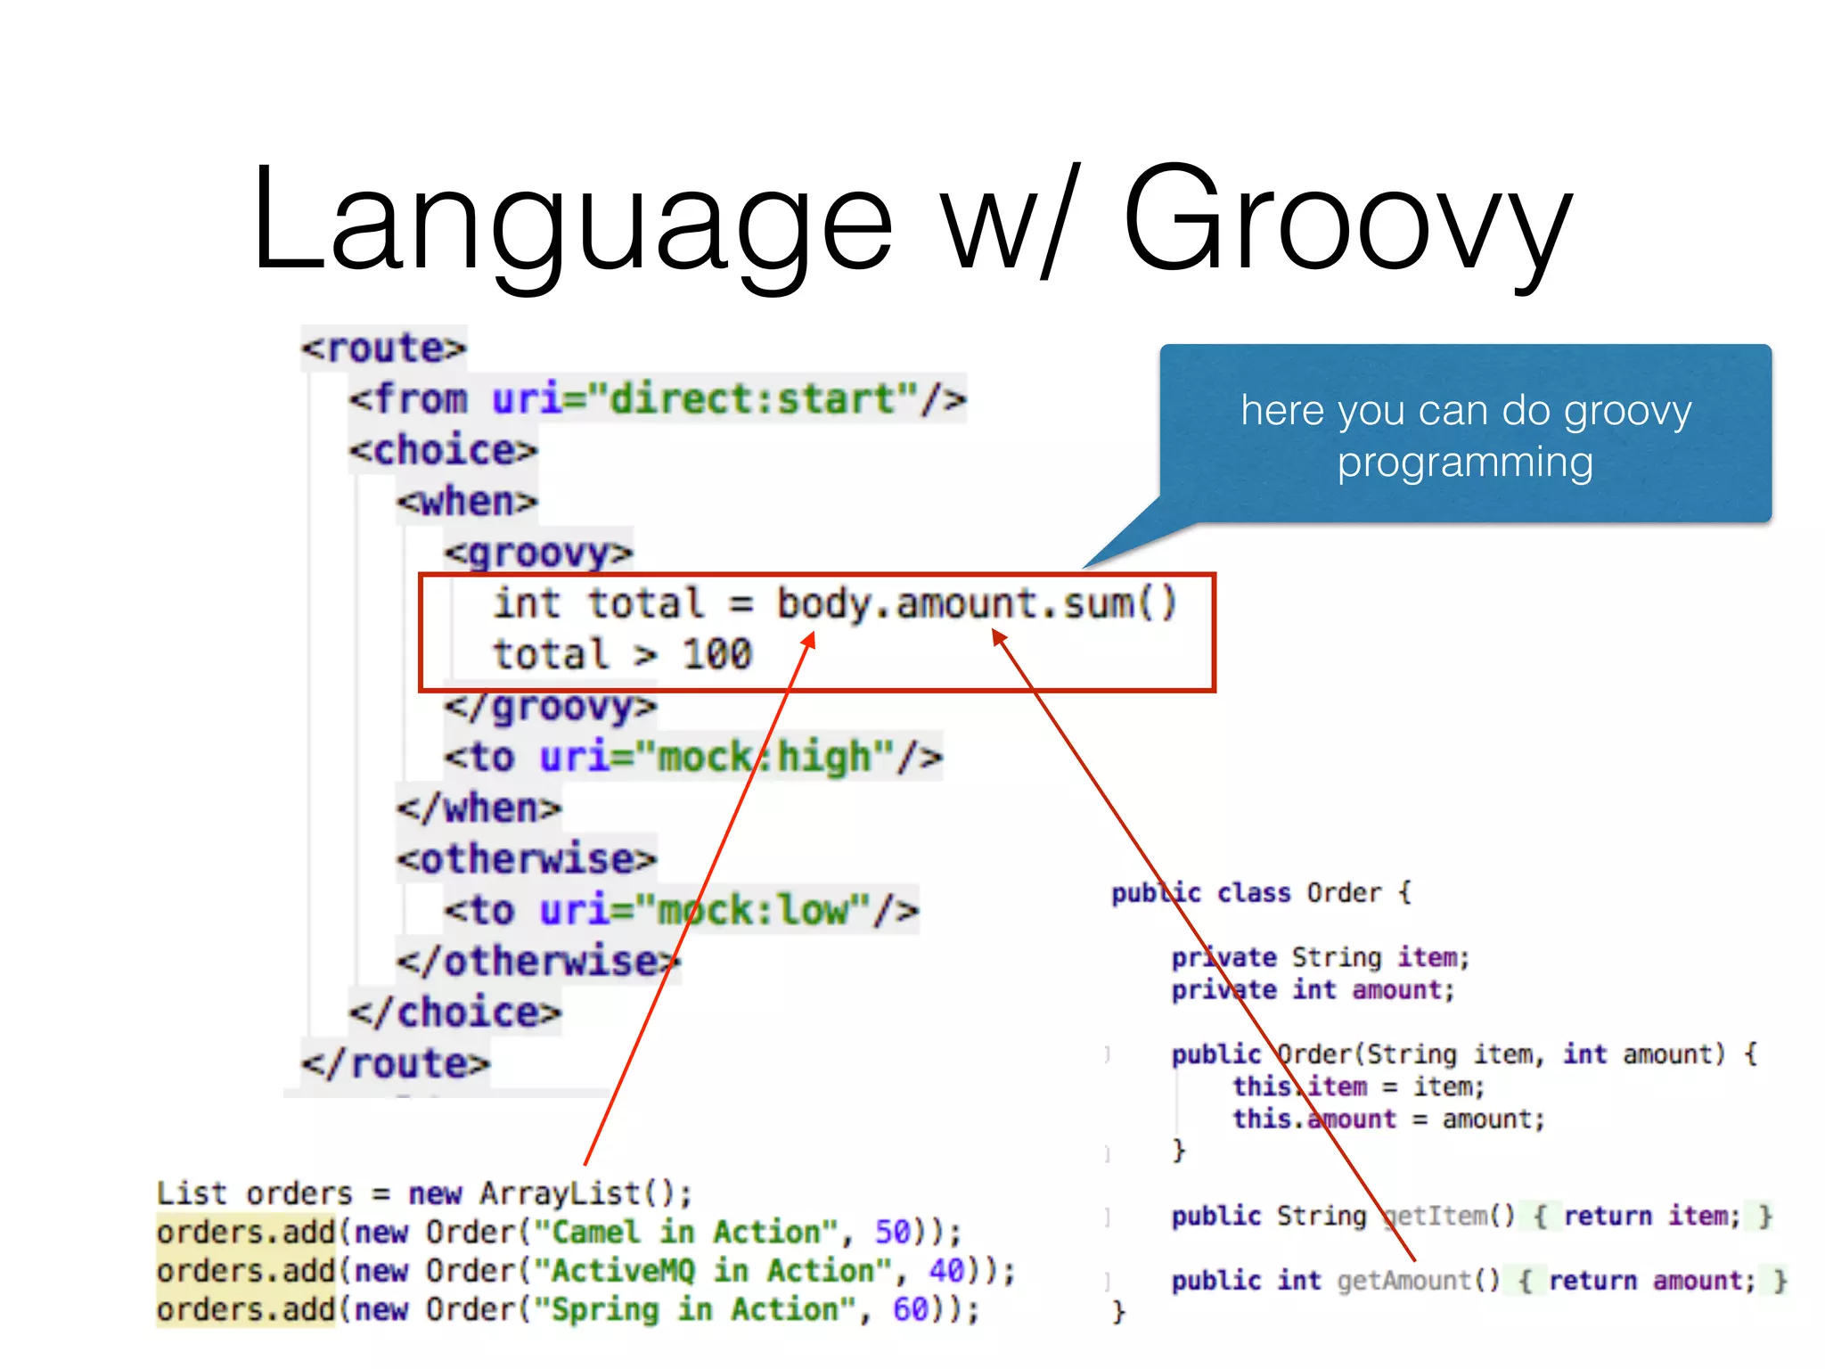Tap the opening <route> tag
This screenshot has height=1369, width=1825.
coord(383,348)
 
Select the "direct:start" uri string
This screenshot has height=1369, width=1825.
coord(753,398)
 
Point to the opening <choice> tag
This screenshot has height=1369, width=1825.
coord(444,450)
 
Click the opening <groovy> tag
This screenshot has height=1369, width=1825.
coord(538,553)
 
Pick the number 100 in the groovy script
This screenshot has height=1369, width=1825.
coord(717,654)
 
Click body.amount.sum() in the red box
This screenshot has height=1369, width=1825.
coord(977,603)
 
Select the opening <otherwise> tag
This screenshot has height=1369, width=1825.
coord(527,859)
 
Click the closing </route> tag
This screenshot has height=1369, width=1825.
coord(395,1063)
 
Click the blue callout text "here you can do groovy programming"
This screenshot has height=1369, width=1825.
coord(1465,436)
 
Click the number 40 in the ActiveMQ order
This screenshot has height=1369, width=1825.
coord(946,1270)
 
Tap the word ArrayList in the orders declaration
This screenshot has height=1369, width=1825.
coord(561,1193)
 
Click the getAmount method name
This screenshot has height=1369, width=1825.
coord(1404,1281)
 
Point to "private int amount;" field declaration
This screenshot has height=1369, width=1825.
coord(1312,989)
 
